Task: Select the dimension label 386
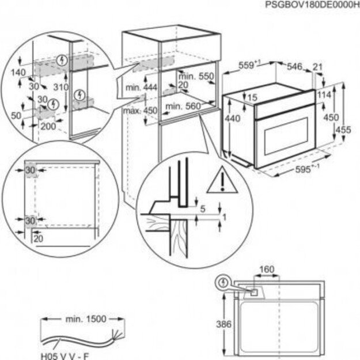(x=225, y=324)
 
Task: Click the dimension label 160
(x=267, y=270)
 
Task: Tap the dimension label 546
(x=295, y=67)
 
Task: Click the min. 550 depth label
(x=196, y=76)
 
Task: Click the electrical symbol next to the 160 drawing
(x=222, y=283)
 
